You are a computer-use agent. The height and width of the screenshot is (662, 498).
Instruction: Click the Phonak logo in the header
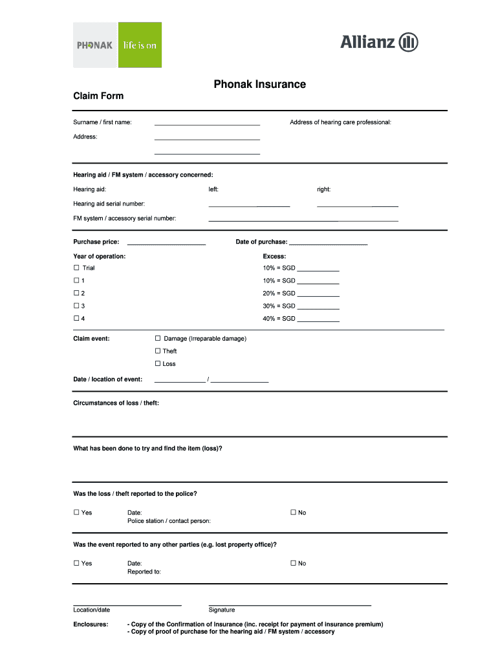(95, 45)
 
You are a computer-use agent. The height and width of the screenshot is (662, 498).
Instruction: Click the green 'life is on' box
(140, 45)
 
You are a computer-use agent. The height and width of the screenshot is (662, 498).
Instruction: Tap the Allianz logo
(379, 43)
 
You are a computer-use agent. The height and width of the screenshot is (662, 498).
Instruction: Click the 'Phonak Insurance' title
(260, 84)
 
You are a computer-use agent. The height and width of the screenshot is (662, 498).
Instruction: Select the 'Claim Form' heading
(98, 96)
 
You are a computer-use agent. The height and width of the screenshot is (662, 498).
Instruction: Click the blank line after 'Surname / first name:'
(207, 123)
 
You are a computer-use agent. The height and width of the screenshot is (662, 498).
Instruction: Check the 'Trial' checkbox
(76, 268)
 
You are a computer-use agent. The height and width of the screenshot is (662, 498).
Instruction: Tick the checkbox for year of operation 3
(76, 306)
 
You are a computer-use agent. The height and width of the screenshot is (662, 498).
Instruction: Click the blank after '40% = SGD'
(318, 320)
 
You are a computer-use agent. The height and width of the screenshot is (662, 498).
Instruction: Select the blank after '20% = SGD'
(318, 295)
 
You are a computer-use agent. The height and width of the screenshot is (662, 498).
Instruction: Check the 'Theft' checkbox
(158, 351)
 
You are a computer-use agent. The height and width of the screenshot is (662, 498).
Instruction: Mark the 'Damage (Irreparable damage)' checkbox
(158, 338)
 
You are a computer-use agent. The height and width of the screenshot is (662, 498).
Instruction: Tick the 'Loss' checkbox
(158, 363)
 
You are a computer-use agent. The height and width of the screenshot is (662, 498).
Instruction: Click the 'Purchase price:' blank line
(166, 244)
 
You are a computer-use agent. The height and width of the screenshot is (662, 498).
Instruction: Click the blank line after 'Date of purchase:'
(328, 244)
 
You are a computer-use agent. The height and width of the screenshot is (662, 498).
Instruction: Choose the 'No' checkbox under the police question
(293, 513)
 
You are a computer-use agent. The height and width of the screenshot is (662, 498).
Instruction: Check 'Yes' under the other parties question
(76, 563)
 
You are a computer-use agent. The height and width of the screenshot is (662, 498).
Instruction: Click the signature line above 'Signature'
(290, 604)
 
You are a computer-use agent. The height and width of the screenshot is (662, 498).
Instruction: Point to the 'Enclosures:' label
(91, 625)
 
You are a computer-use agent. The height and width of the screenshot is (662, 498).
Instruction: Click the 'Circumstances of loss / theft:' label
(116, 403)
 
